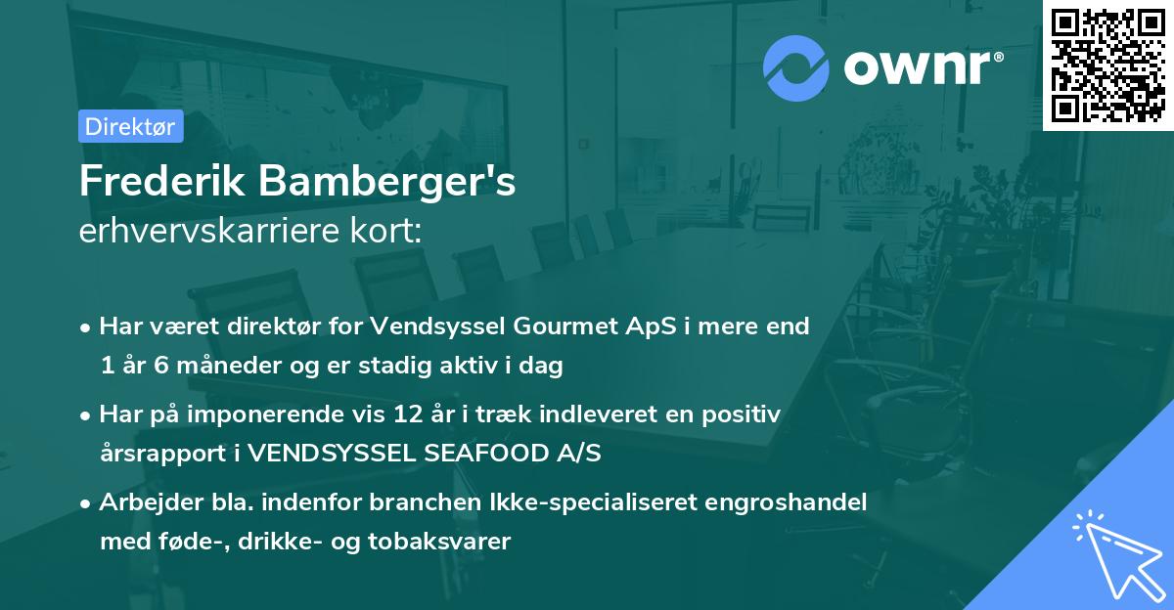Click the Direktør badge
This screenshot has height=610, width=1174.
(130, 126)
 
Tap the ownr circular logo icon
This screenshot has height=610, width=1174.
(796, 67)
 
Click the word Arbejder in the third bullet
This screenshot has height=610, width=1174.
(140, 502)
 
